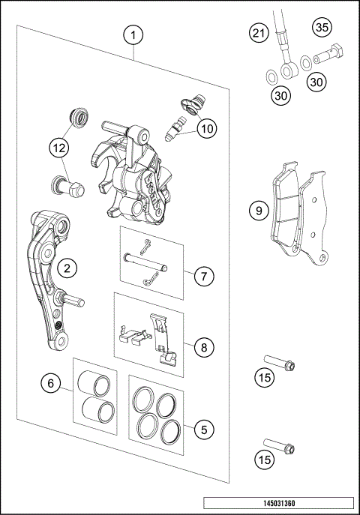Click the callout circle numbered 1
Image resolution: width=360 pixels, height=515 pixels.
click(133, 35)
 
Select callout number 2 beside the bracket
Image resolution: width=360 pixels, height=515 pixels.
click(67, 267)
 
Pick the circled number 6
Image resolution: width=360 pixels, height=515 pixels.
click(51, 383)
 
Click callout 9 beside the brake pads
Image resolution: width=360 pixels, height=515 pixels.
click(259, 211)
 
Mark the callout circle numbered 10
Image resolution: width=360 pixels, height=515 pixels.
click(207, 128)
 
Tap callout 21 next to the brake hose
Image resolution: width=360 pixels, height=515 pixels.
click(259, 34)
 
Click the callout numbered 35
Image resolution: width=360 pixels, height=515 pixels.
click(322, 28)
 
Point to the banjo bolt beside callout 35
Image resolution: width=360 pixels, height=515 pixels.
click(329, 55)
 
